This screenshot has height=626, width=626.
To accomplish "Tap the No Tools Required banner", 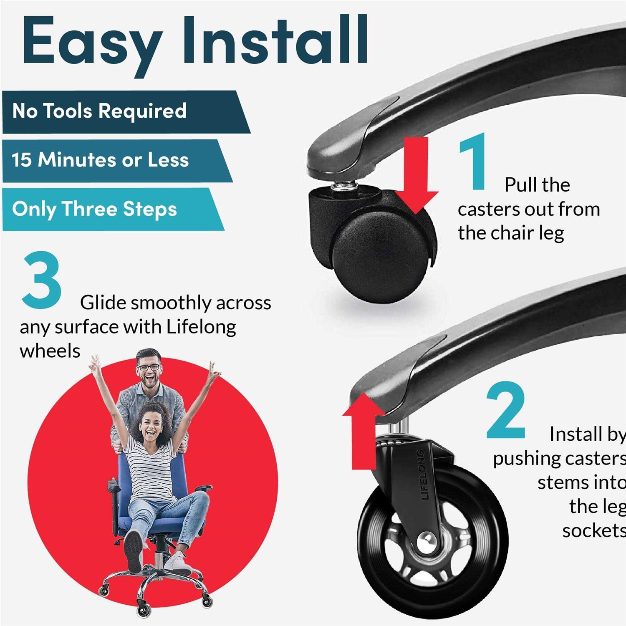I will point(100,111).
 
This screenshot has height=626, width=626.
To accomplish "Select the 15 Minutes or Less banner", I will point(100,160).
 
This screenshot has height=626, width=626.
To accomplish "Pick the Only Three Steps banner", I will point(95,209).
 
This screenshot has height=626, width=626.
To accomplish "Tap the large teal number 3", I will point(42,280).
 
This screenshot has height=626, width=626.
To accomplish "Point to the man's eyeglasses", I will point(149,368).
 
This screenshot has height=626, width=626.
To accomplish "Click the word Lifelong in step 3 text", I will point(201,327).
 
